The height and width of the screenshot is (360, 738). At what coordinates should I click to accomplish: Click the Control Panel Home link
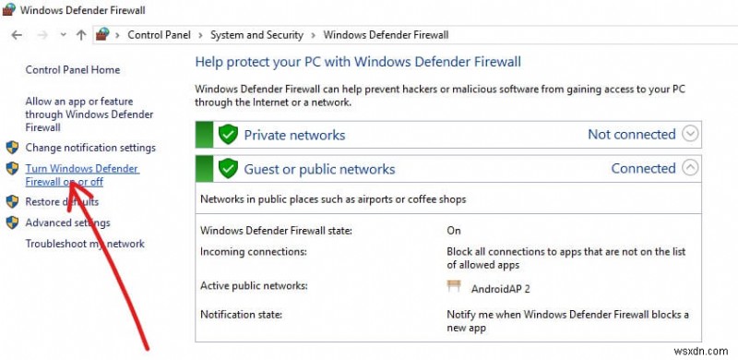(72, 69)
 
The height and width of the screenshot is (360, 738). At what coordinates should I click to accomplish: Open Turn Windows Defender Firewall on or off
(81, 169)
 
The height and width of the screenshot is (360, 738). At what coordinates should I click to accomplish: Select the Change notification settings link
(90, 148)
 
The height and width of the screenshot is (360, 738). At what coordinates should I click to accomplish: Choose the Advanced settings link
(67, 222)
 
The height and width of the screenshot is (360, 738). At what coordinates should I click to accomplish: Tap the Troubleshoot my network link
(85, 244)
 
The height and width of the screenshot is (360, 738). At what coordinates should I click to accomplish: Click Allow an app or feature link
(79, 102)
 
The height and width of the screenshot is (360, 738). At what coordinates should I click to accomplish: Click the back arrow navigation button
(16, 35)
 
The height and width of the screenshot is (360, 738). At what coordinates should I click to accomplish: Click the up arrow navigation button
(81, 35)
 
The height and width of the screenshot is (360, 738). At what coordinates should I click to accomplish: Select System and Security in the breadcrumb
(256, 35)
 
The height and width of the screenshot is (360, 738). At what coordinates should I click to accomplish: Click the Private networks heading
(294, 135)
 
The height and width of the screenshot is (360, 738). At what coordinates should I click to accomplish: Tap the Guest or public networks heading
(319, 169)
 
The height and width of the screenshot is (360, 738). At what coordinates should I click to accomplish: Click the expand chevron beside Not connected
(690, 134)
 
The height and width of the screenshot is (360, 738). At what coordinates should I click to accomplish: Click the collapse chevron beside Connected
(690, 168)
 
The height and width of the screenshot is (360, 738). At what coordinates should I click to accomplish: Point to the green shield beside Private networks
(228, 135)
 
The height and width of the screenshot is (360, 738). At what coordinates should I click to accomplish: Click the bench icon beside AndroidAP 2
(453, 286)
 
